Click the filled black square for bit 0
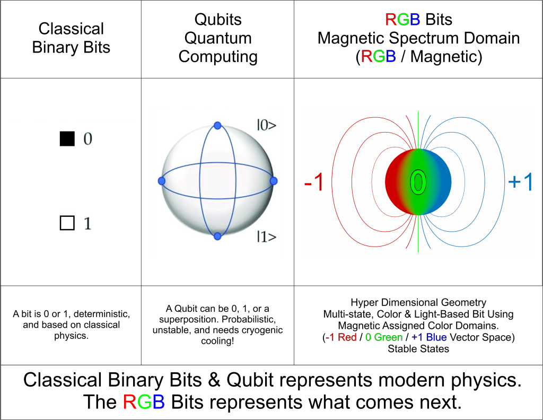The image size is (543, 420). (67, 138)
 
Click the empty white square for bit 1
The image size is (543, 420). (67, 224)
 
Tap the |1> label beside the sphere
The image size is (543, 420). (266, 237)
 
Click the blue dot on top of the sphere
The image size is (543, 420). (217, 126)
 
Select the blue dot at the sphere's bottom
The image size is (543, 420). (217, 236)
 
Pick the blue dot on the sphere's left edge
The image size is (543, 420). (162, 181)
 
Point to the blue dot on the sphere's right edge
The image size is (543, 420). (274, 181)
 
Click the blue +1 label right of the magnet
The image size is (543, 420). (520, 181)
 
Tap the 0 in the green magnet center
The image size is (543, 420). (418, 182)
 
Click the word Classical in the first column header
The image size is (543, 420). (72, 29)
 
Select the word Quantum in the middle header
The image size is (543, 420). (218, 38)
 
